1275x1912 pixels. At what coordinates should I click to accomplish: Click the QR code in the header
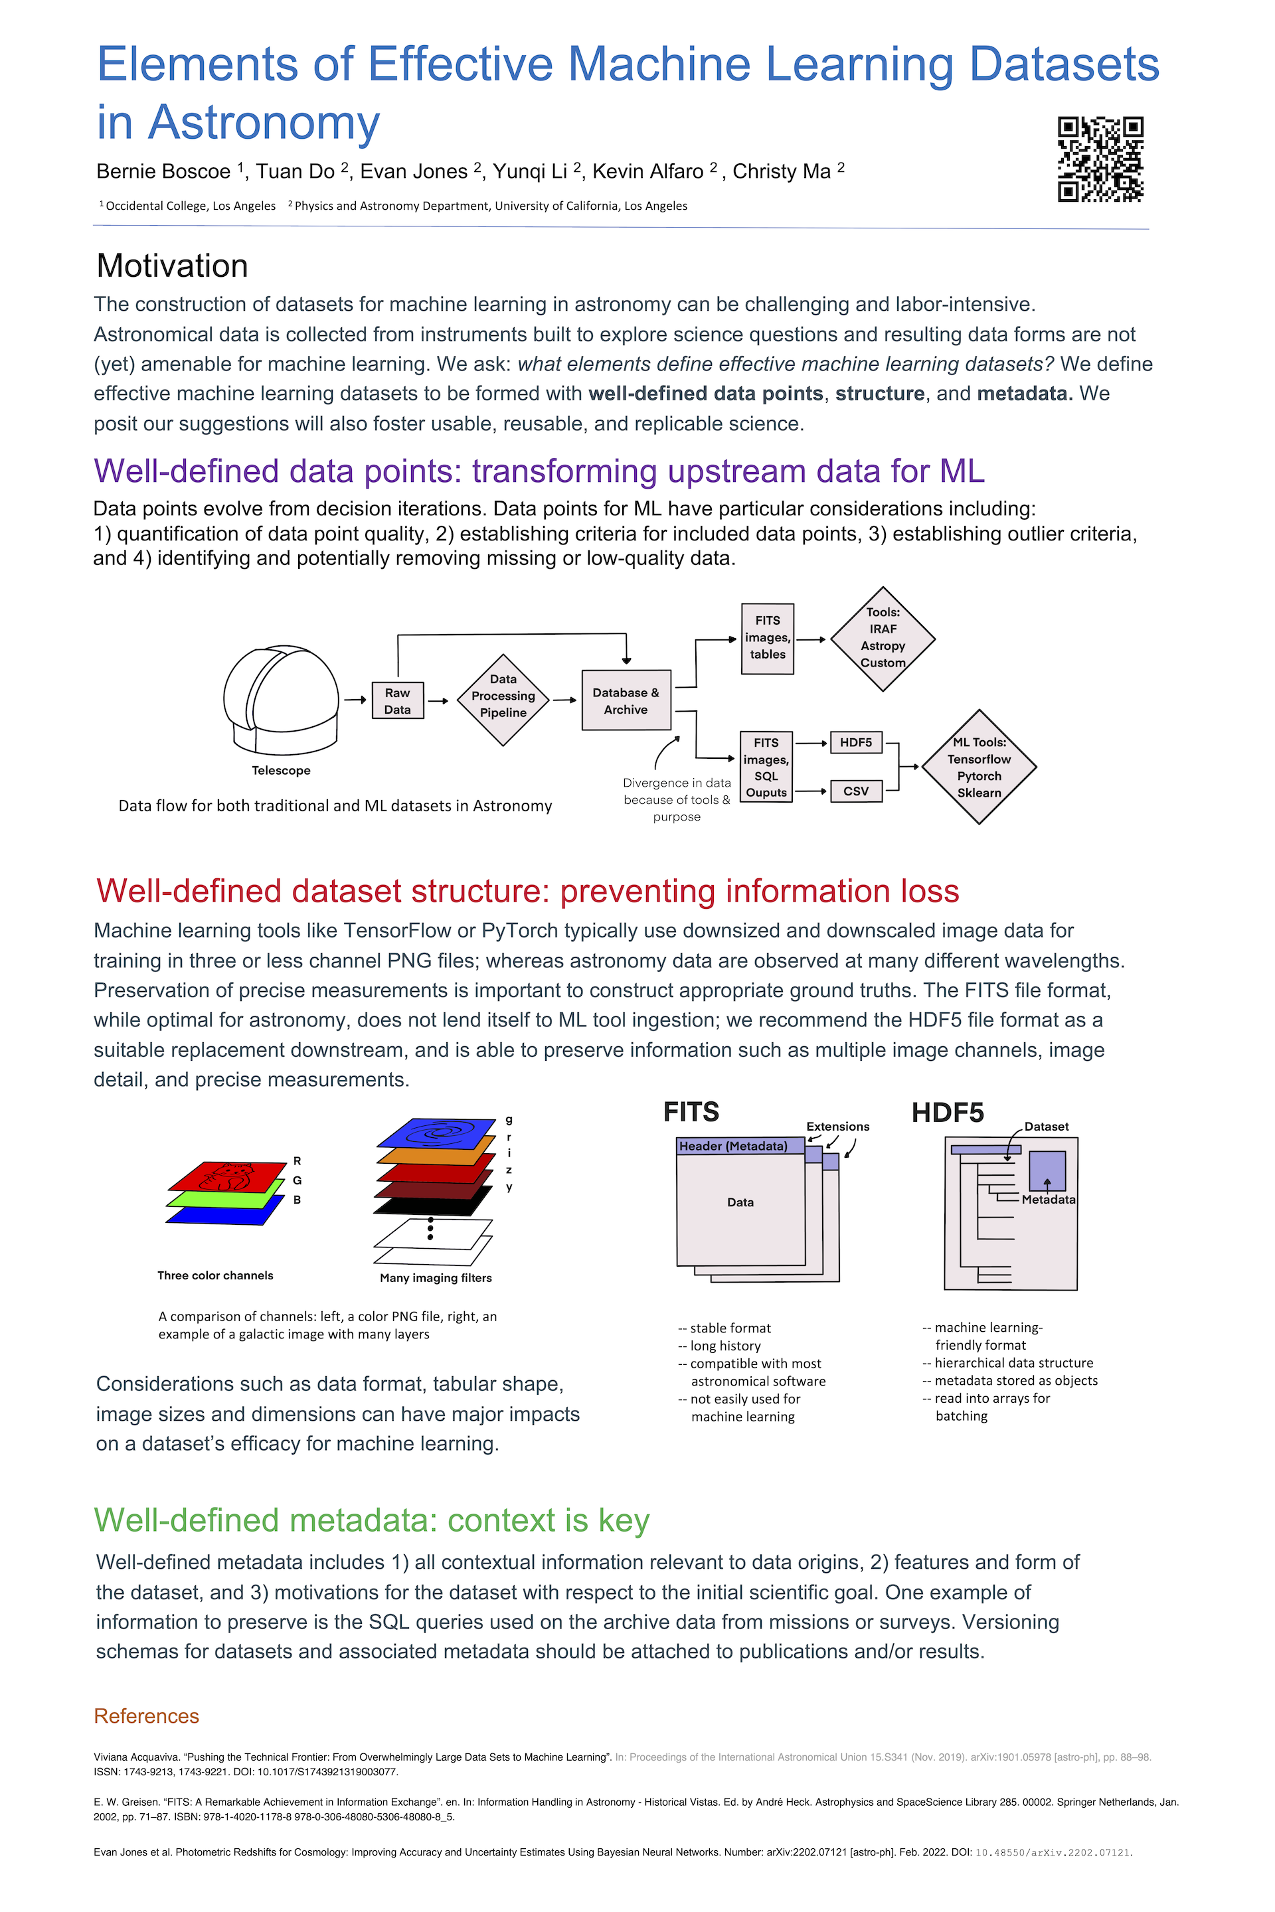click(1100, 159)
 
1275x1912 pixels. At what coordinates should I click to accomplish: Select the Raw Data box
click(398, 701)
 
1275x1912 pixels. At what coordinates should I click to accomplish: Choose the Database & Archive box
click(626, 701)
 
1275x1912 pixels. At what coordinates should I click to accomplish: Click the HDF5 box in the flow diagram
click(856, 742)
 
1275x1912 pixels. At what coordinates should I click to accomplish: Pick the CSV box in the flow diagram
click(856, 791)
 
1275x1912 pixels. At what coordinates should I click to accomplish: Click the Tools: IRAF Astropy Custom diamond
click(883, 638)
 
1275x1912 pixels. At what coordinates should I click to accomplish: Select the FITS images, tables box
click(768, 638)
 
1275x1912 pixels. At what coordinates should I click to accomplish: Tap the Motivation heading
click(173, 267)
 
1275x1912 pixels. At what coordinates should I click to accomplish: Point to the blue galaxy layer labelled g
click(438, 1133)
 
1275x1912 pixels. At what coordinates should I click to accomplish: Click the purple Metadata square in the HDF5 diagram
click(1047, 1170)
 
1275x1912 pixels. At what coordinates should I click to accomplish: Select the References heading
click(146, 1715)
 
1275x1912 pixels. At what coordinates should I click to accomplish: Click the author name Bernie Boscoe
click(163, 171)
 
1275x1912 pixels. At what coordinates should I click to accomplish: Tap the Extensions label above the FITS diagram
click(837, 1127)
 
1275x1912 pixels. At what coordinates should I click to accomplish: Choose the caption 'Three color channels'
click(215, 1275)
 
